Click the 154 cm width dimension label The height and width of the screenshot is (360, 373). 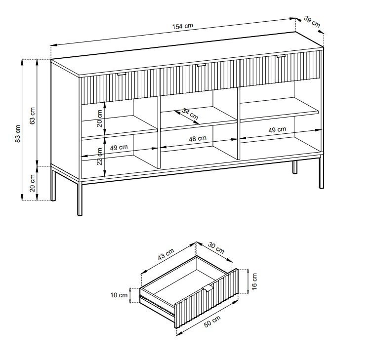click(182, 26)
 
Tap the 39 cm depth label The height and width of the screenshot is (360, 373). click(312, 21)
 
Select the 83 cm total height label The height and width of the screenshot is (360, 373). click(18, 134)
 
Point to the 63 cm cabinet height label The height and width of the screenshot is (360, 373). click(33, 116)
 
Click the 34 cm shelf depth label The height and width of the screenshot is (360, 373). click(190, 114)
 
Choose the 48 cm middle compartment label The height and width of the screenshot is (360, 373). click(198, 138)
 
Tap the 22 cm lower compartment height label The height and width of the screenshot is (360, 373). click(100, 156)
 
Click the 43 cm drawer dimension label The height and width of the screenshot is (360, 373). click(166, 254)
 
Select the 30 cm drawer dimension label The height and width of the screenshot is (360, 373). click(216, 247)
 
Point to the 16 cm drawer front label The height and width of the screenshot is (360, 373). click(254, 281)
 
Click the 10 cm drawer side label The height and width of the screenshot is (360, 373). click(119, 295)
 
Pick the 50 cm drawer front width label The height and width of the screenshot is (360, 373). click(212, 321)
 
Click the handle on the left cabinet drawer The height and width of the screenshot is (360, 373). click(122, 75)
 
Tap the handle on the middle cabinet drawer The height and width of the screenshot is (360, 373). click(201, 65)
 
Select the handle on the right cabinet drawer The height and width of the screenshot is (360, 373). click(281, 56)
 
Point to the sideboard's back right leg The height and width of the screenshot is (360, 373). click(295, 167)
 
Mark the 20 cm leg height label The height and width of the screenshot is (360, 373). click(33, 183)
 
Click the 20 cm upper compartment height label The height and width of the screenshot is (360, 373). click(100, 118)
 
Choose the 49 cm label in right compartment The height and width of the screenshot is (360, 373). click(277, 130)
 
